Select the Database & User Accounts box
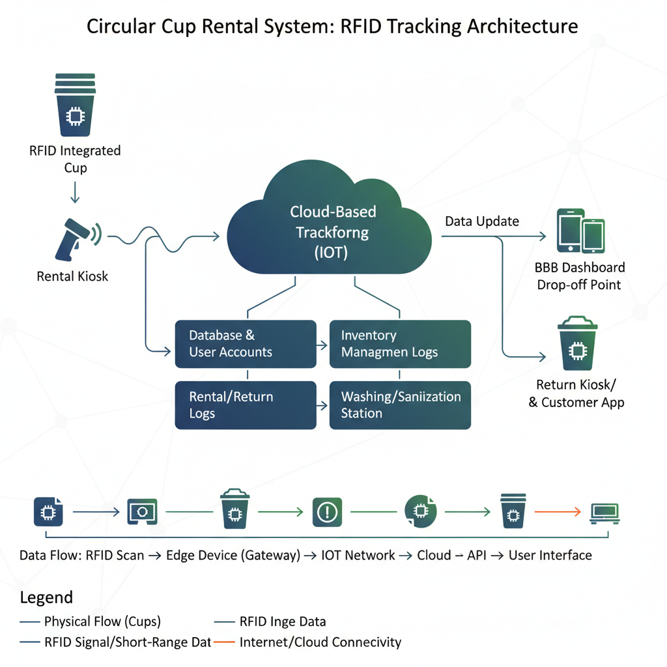[246, 344]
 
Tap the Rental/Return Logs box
[246, 405]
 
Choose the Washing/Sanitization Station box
[400, 405]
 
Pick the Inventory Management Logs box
[400, 344]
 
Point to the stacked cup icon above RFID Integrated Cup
[75, 104]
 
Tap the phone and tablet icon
[580, 231]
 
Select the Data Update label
[482, 221]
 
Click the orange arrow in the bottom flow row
[557, 512]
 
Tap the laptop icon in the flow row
[604, 512]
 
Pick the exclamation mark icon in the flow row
[327, 512]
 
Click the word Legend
[46, 597]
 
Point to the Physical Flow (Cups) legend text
[102, 621]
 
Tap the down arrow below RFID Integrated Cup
[75, 192]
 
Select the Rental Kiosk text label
[72, 276]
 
